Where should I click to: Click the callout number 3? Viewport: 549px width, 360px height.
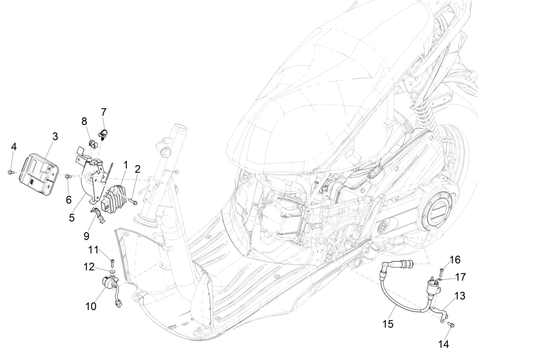tap(55, 137)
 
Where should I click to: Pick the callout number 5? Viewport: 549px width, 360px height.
tap(72, 216)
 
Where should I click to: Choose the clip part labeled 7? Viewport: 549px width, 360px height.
tap(104, 133)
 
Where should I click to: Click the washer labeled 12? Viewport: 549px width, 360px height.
tap(113, 271)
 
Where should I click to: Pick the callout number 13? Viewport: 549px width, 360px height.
tap(460, 296)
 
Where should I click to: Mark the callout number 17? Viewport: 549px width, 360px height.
tap(460, 277)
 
